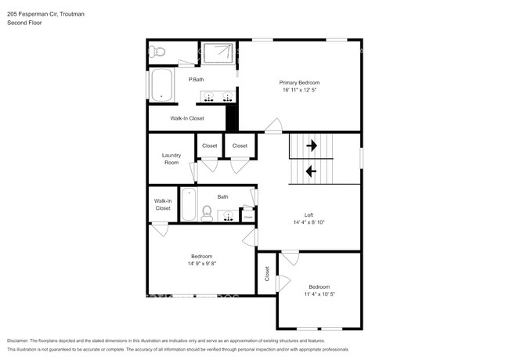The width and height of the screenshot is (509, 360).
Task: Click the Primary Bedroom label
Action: pyautogui.click(x=299, y=82)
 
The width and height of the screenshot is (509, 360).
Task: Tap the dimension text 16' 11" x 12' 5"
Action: pyautogui.click(x=299, y=90)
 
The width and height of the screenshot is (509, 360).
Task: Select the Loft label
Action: pyautogui.click(x=309, y=215)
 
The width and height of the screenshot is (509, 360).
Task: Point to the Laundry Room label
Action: pyautogui.click(x=171, y=159)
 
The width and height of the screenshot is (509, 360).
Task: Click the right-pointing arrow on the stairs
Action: pyautogui.click(x=311, y=146)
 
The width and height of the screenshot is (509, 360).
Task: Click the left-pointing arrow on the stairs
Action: pyautogui.click(x=311, y=171)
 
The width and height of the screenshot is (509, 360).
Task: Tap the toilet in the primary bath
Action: pyautogui.click(x=157, y=51)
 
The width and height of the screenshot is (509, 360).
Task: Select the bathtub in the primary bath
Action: pyautogui.click(x=162, y=85)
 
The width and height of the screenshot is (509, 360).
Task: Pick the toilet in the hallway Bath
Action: pyautogui.click(x=207, y=211)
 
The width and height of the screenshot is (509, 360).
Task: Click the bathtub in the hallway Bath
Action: pyautogui.click(x=188, y=205)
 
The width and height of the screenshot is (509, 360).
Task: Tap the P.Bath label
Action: pyautogui.click(x=196, y=80)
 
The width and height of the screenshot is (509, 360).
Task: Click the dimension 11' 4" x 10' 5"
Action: pyautogui.click(x=319, y=294)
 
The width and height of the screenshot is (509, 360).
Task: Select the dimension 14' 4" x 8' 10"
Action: pyautogui.click(x=309, y=223)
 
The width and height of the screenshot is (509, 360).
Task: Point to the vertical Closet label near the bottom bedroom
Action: pyautogui.click(x=266, y=274)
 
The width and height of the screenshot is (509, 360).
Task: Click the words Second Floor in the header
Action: pyautogui.click(x=24, y=23)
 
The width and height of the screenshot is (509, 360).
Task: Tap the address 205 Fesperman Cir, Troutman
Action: pyautogui.click(x=45, y=13)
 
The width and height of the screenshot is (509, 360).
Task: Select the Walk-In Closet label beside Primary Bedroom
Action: pyautogui.click(x=186, y=118)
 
